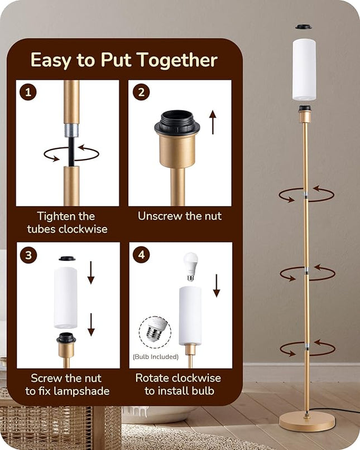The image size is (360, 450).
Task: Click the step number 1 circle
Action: tap(28, 92)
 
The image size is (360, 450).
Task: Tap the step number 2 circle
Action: tap(141, 92)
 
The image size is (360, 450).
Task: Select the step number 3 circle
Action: tap(28, 255)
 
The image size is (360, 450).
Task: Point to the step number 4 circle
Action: tap(141, 254)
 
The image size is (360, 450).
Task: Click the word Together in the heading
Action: tap(177, 60)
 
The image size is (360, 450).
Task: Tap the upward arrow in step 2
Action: tap(213, 122)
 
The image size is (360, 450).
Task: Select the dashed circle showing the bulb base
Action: tap(155, 332)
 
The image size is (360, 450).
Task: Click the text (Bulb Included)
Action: tap(155, 357)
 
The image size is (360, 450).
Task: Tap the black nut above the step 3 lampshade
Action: tap(67, 259)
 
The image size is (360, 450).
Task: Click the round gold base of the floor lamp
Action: tap(307, 422)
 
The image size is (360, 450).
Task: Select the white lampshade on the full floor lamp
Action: tap(304, 70)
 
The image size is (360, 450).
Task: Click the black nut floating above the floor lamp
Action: tap(304, 27)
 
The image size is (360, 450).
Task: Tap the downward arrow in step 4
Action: tap(217, 286)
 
